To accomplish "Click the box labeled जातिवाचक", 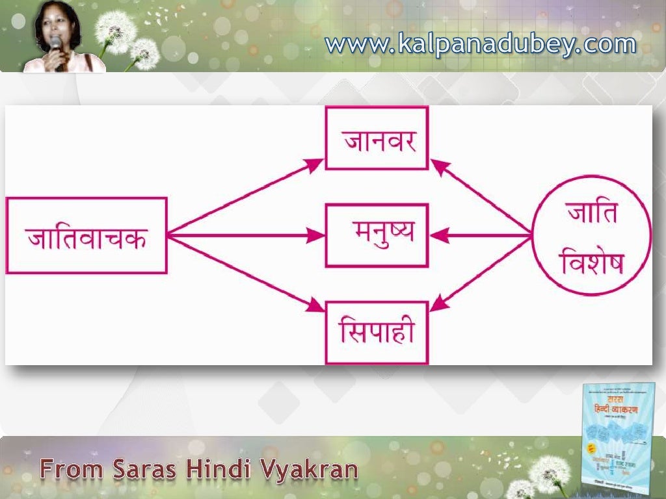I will point(86,235).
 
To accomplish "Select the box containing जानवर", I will point(377,138).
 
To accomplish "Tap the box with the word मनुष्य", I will point(377,235).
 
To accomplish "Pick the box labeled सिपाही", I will point(377,332).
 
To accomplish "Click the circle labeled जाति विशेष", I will point(591,235).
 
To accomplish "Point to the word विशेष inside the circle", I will point(591,262).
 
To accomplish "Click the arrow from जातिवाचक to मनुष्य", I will point(246,235).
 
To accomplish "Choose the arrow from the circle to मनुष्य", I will point(481,235).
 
